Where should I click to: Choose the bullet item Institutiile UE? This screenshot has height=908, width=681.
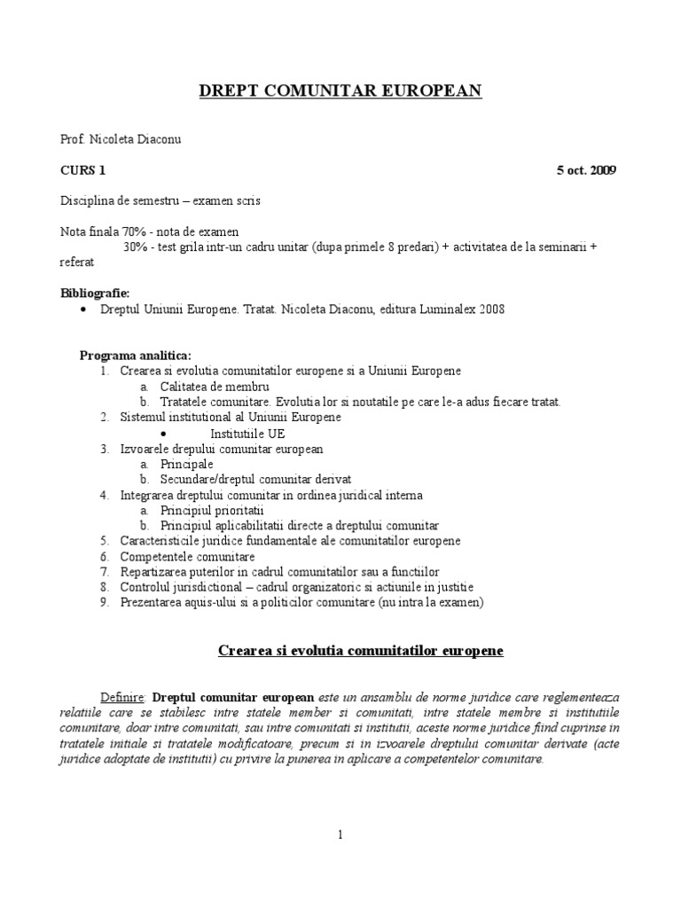pos(247,433)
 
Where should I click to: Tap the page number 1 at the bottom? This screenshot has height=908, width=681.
pos(340,834)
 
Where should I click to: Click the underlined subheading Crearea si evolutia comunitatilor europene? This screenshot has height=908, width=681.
pos(360,651)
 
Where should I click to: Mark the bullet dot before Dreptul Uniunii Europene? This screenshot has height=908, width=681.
pos(83,309)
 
